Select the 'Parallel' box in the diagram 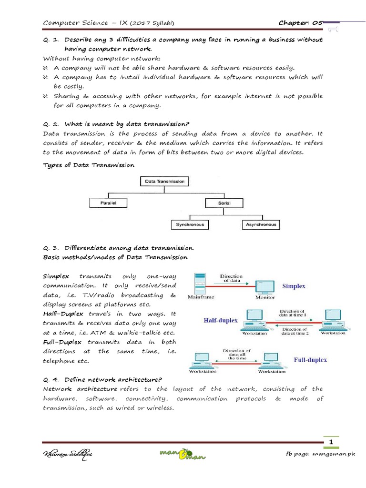click(x=109, y=203)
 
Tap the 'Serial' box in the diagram click(x=224, y=203)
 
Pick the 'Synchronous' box click(x=190, y=224)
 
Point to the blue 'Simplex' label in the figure click(x=294, y=286)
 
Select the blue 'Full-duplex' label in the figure click(x=310, y=360)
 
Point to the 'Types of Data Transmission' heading click(x=89, y=165)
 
